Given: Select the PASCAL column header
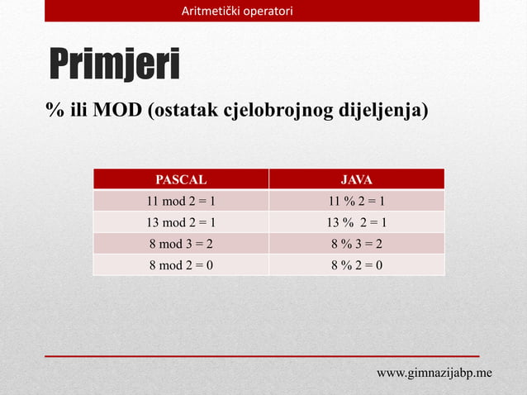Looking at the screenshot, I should [181, 179].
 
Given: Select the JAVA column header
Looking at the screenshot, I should [357, 179].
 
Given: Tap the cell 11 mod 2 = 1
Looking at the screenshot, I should [181, 201].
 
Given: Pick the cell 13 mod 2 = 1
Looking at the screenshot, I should [181, 222].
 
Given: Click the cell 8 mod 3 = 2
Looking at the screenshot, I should [181, 244].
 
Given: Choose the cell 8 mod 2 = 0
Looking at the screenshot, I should [181, 265].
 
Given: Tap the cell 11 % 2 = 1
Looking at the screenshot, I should [357, 201].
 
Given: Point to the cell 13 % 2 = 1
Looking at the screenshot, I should [357, 222].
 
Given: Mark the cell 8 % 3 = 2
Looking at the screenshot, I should [357, 244].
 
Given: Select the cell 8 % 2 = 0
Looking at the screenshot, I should [357, 265].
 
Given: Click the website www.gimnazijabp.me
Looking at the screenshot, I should [434, 373].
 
